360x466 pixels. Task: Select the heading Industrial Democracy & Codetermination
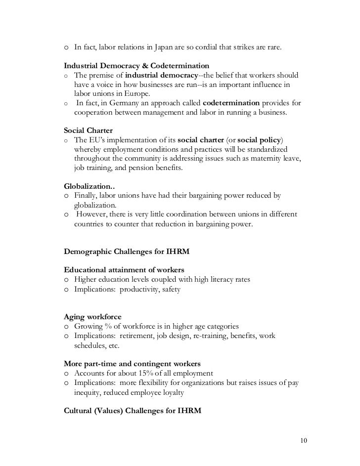[x=136, y=66]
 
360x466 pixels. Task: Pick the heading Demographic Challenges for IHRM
[x=127, y=252]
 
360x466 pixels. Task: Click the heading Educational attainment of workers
[x=124, y=270]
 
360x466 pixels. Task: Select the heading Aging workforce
[x=93, y=317]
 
